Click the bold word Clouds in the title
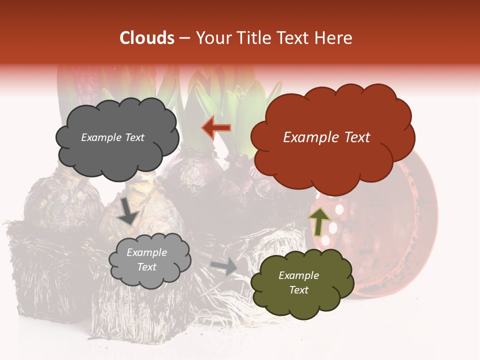tap(147, 38)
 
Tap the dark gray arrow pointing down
tap(128, 211)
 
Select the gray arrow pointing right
tap(224, 266)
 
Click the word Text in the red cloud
tap(354, 137)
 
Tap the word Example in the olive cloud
tap(298, 275)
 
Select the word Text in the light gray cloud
tap(147, 267)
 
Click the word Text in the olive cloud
tap(298, 290)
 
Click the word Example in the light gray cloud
tap(147, 252)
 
